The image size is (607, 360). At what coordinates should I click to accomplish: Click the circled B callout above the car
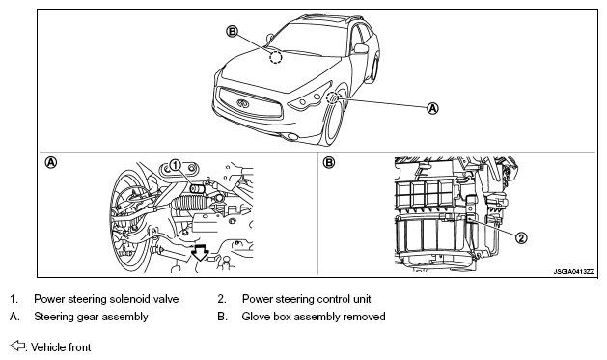[232, 31]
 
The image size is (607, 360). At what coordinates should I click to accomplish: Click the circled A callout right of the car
[432, 108]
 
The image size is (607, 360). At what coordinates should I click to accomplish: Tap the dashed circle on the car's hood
[276, 58]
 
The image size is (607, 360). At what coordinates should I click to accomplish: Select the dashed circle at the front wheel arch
[332, 97]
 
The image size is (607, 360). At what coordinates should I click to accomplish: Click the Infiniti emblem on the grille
[243, 103]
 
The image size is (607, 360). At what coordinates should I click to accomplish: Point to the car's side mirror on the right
[361, 48]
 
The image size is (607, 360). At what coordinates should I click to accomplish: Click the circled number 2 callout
[521, 237]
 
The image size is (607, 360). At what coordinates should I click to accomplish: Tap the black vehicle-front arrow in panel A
[200, 252]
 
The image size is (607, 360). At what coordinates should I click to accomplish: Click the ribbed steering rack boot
[189, 204]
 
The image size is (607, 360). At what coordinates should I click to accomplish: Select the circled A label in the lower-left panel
[51, 162]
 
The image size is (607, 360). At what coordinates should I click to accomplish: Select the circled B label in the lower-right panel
[328, 162]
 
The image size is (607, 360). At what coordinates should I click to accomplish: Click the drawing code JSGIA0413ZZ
[573, 272]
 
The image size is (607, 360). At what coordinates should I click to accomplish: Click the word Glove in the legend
[256, 317]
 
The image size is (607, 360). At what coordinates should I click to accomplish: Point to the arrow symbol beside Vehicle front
[17, 346]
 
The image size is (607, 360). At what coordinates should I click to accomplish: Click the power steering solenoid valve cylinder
[198, 188]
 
